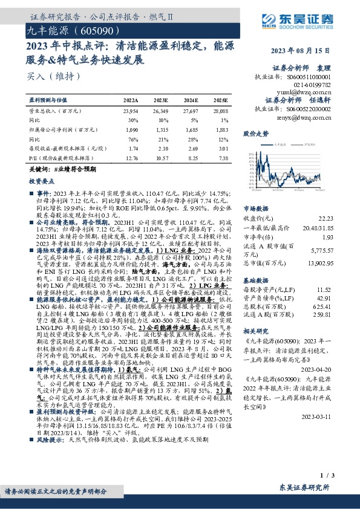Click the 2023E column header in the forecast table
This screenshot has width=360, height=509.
(162, 100)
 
